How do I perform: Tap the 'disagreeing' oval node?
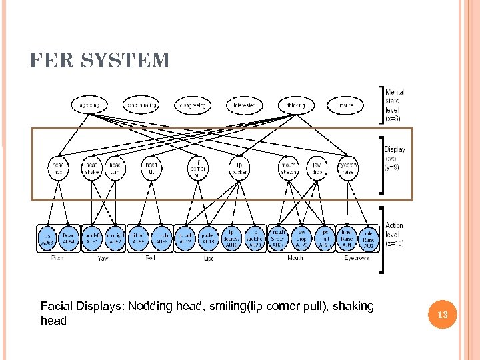coord(193,105)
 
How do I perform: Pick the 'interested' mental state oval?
coord(245,105)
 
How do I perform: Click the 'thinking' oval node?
coord(296,105)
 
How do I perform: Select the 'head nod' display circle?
coord(58,168)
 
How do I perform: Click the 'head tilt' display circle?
coord(151,168)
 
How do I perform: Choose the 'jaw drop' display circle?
coord(317,168)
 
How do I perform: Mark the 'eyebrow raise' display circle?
coord(347,168)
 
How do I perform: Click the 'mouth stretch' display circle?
coord(289,168)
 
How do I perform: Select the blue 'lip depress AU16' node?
coord(231,238)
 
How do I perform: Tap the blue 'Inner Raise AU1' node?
coord(347,238)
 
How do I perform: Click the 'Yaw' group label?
coord(103,257)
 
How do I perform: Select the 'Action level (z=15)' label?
coord(394,235)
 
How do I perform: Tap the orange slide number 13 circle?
coord(441,313)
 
